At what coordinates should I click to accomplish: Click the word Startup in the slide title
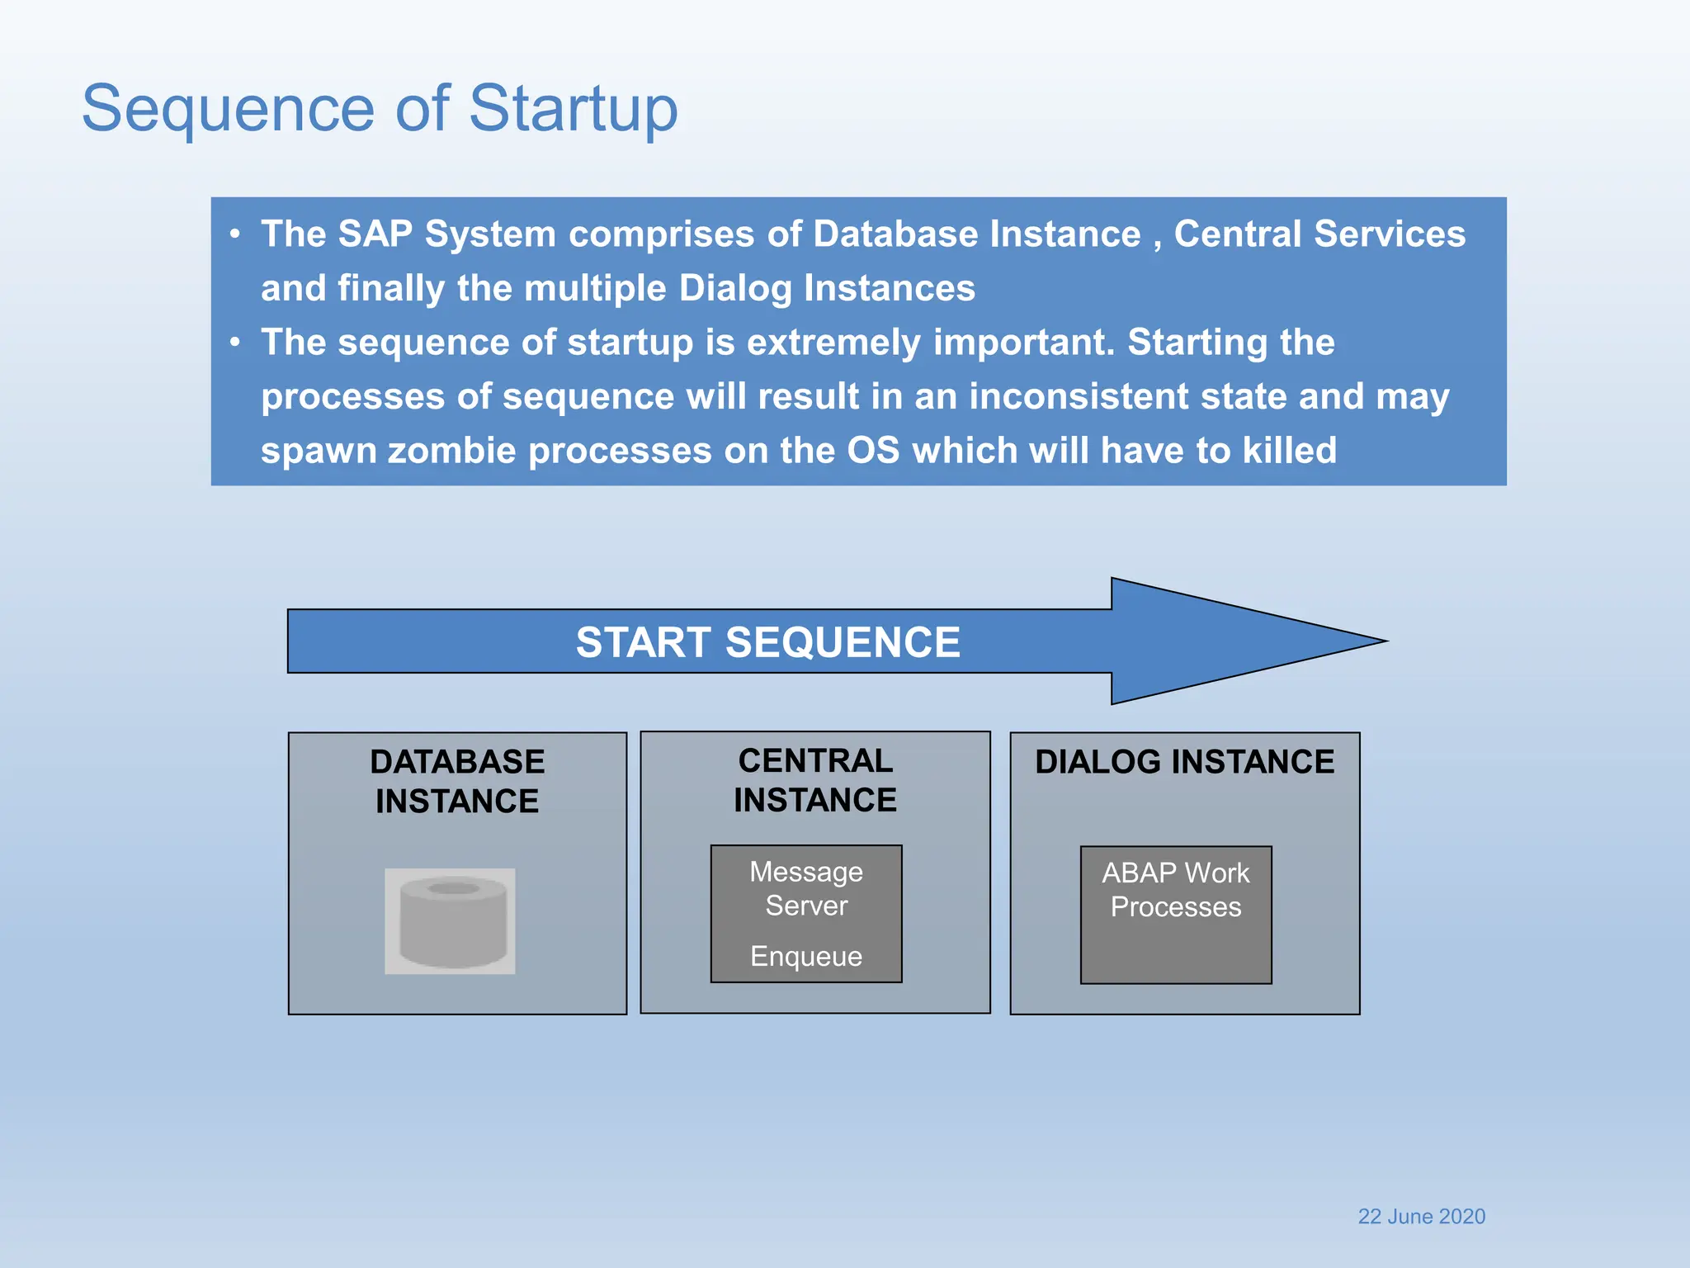coord(573,109)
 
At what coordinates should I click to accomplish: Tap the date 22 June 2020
coord(1421,1216)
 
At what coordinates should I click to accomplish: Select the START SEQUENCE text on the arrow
coord(767,642)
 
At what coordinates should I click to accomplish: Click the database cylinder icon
coord(451,921)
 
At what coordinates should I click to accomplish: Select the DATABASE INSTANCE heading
coord(457,781)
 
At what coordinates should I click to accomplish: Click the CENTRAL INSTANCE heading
coord(815,780)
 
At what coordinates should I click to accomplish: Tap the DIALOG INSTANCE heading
coord(1184,761)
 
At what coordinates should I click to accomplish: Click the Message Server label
coord(806,888)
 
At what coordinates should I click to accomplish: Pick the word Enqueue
coord(806,956)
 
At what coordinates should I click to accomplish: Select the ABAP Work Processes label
coord(1176,890)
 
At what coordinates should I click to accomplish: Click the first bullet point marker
coord(236,234)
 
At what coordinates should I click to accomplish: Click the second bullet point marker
coord(236,342)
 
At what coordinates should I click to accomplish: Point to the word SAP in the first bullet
coord(375,234)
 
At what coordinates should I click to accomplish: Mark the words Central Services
coord(1319,234)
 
